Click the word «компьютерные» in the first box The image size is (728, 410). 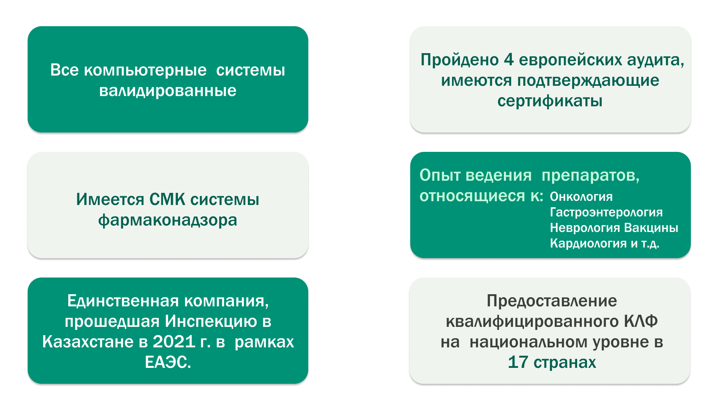pos(145,71)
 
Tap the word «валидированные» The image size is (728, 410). pos(168,91)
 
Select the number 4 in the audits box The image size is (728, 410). pos(508,60)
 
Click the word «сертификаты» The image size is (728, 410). pos(550,101)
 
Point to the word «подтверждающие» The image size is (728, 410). pos(588,81)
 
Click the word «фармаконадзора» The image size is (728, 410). pos(168,220)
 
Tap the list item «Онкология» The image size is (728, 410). pos(581,197)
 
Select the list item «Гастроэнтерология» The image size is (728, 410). pos(606,212)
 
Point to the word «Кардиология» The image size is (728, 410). pos(588,243)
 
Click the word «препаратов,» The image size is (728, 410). pos(590,176)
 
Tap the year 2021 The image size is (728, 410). pos(174,342)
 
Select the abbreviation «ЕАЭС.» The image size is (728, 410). pos(168,362)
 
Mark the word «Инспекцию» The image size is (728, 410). pos(211,322)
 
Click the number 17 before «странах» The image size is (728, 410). pos(518,362)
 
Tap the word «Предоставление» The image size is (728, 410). pos(552,301)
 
